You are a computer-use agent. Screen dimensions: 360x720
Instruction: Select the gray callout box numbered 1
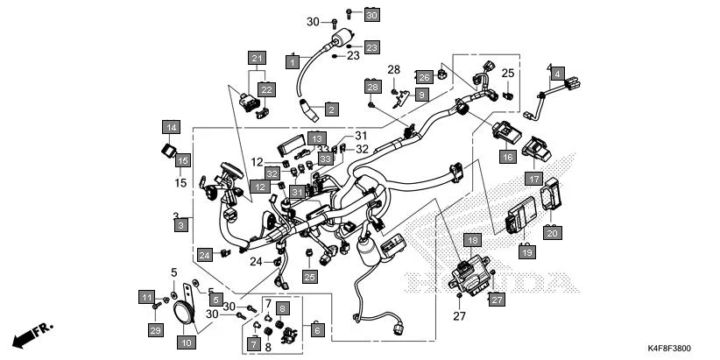(293, 61)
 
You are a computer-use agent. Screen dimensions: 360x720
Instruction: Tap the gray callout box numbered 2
(331, 109)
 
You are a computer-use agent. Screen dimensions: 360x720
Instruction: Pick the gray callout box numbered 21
(257, 59)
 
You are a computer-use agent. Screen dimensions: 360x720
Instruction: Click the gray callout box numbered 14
(171, 128)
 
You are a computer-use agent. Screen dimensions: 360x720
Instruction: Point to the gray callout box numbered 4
(558, 74)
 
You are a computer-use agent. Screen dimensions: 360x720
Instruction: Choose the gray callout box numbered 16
(507, 157)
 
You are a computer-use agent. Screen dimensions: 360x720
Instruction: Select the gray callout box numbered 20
(552, 233)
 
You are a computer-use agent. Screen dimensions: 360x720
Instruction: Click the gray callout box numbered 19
(526, 252)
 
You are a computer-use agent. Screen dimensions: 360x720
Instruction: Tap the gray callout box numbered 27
(497, 300)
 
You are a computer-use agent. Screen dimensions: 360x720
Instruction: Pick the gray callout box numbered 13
(316, 138)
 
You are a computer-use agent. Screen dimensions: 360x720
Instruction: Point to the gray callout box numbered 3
(181, 226)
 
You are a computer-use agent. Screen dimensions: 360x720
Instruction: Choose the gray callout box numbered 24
(205, 255)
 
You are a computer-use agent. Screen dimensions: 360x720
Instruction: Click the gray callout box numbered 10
(186, 343)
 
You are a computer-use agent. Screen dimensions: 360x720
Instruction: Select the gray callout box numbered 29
(156, 330)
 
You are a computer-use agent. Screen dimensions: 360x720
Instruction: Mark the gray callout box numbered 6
(317, 330)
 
